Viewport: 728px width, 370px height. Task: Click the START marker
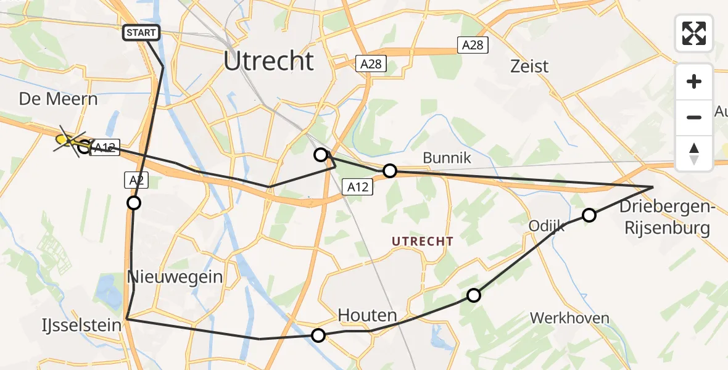click(142, 32)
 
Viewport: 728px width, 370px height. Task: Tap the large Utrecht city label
click(268, 62)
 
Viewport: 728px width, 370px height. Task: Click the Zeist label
click(529, 66)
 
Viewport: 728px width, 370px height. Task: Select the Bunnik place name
click(447, 158)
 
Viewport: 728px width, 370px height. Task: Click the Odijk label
click(547, 226)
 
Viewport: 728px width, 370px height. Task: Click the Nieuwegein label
click(175, 277)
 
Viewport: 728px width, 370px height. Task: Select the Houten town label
click(367, 316)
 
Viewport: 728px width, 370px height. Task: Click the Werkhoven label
click(569, 318)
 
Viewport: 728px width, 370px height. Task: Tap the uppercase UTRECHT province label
click(423, 242)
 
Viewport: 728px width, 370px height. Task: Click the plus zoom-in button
click(694, 81)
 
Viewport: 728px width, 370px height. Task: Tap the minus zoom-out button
click(694, 117)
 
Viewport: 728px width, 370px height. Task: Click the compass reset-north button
click(694, 153)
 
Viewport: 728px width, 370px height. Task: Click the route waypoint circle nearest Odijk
click(589, 215)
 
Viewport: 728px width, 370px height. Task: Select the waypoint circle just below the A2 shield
click(133, 203)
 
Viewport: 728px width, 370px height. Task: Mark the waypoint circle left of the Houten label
click(318, 335)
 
